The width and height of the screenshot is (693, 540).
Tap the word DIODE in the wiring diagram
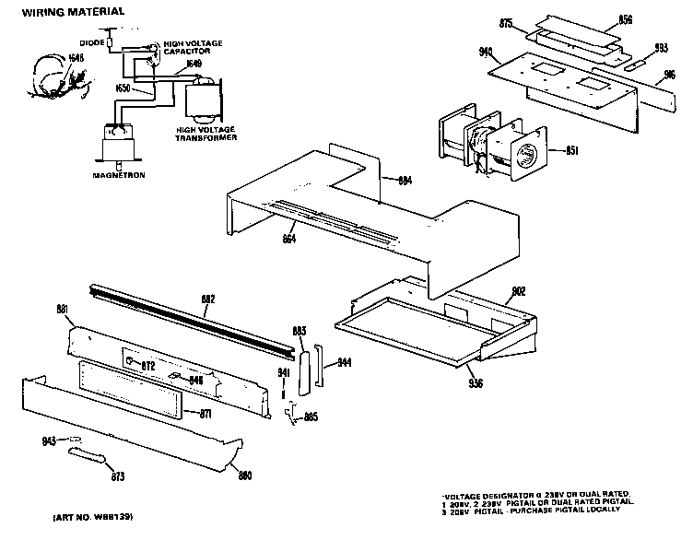click(90, 42)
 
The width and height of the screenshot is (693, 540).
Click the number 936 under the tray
click(476, 382)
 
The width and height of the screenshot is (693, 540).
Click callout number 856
click(626, 19)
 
